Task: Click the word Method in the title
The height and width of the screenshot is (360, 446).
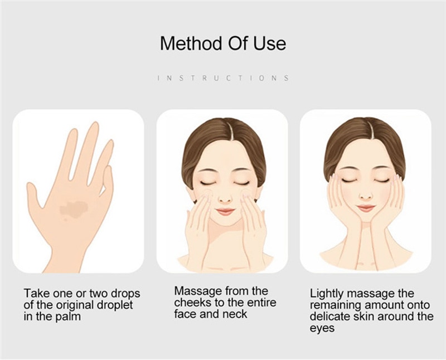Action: pos(190,43)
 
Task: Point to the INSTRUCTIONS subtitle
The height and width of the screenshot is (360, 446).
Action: pos(224,78)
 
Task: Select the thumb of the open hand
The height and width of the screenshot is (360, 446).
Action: pos(34,196)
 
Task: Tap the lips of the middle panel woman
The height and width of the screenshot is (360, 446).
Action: pos(225,212)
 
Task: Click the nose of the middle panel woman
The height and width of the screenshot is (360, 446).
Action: pos(225,198)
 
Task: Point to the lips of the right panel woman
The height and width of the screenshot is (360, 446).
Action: pos(366,208)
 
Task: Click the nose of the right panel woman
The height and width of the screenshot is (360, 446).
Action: pos(366,196)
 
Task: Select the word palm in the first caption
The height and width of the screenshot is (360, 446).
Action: pos(68,317)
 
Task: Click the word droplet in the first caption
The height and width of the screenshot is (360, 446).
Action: pos(115,305)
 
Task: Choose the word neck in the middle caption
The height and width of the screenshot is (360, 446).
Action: pos(235,314)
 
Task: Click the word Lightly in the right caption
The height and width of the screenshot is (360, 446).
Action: pos(327,294)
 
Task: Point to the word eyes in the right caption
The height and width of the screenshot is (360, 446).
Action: pos(322,328)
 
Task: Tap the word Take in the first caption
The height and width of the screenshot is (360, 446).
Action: pos(36,294)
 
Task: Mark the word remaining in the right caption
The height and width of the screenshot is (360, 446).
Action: pos(336,305)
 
